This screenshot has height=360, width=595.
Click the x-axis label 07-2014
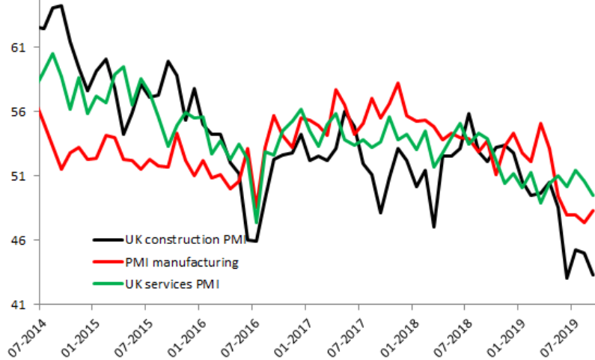click(24, 329)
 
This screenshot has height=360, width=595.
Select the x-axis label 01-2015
click(77, 329)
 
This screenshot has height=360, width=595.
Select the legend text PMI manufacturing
click(182, 262)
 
